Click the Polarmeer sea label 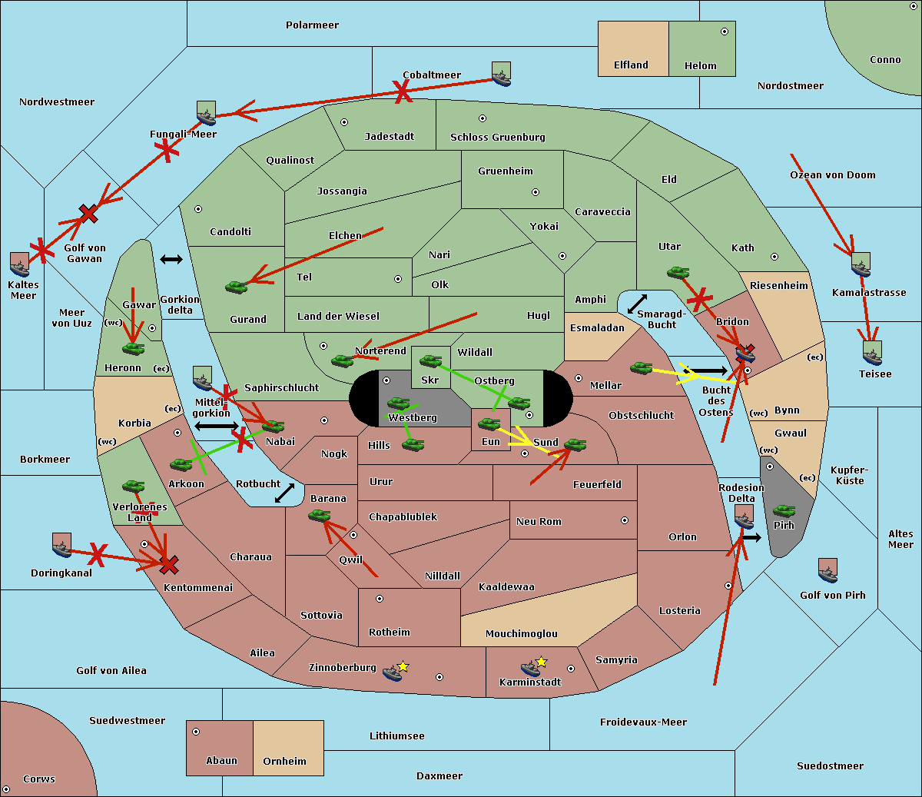point(312,25)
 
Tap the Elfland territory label point(631,65)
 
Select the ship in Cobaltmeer point(501,74)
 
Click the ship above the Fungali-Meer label point(206,113)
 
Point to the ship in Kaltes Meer point(19,264)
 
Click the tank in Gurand point(236,287)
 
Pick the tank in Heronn point(133,348)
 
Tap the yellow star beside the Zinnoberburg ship point(403,666)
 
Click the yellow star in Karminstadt point(542,662)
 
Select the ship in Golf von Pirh point(827,570)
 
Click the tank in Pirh point(784,511)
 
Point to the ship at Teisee point(871,353)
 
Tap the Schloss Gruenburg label point(497,138)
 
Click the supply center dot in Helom point(724,32)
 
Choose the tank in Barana point(319,516)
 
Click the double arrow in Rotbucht point(284,493)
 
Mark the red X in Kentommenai point(169,566)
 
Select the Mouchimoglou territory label point(521,634)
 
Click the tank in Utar point(678,272)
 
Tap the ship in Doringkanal point(61,545)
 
